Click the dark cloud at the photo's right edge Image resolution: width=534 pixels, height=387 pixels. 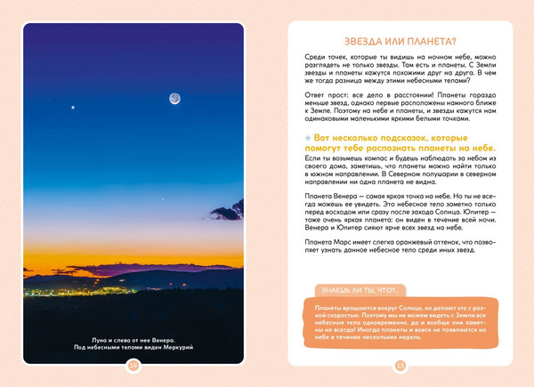(229, 212)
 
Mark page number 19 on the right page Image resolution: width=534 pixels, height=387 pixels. (400, 364)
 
